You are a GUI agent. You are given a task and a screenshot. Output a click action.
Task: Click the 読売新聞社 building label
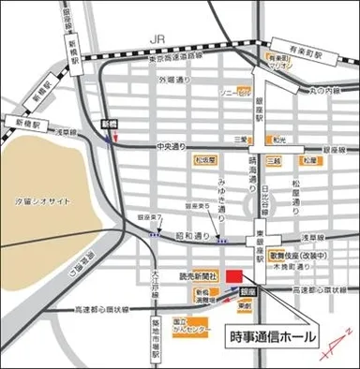click(x=199, y=277)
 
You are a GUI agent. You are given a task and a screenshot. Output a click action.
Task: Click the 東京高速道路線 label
click(x=160, y=58)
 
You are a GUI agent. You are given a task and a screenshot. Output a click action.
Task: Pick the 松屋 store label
click(x=310, y=161)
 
